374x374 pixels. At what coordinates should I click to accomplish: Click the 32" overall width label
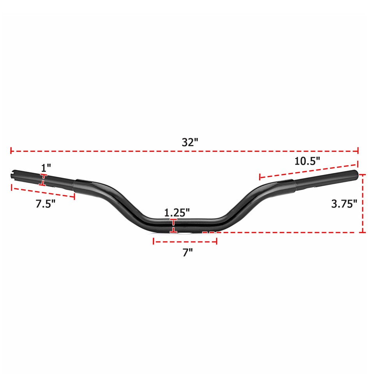click(x=190, y=142)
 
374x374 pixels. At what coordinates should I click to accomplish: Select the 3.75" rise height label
click(x=344, y=204)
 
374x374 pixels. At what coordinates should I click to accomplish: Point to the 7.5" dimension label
click(x=46, y=204)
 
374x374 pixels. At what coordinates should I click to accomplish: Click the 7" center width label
click(x=188, y=253)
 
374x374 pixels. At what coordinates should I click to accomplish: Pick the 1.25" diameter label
click(x=177, y=213)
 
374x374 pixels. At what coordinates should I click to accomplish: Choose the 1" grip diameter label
click(x=46, y=168)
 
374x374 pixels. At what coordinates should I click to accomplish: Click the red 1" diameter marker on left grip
click(x=44, y=180)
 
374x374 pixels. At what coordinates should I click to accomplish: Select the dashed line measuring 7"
click(x=185, y=242)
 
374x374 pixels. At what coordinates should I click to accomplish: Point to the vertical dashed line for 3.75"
click(x=363, y=203)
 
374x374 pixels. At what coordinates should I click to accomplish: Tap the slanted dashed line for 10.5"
click(x=308, y=168)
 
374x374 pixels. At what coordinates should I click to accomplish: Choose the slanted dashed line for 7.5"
click(x=43, y=192)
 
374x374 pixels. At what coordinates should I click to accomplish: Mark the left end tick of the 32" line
click(x=11, y=150)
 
